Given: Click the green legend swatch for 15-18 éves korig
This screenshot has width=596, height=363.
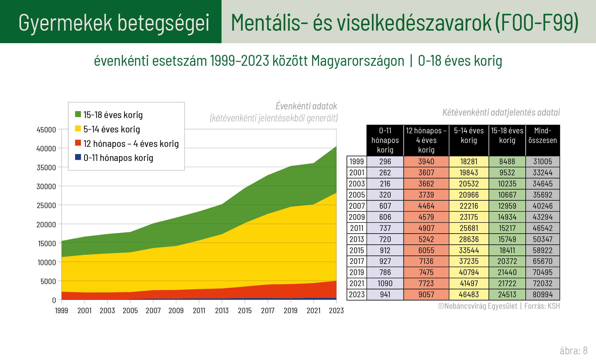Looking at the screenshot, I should [78, 114].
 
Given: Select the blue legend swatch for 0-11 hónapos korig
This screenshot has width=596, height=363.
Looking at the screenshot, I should [78, 157].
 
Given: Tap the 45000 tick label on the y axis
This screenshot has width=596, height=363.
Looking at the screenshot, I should [46, 130].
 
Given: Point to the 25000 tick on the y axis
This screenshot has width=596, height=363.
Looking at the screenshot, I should [46, 206].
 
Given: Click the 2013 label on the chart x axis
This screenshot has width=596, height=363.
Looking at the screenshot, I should [222, 311].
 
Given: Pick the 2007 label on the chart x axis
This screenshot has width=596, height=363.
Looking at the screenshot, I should [153, 311].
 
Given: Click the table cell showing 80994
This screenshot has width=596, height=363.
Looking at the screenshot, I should [543, 295].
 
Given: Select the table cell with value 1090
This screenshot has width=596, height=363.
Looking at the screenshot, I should [385, 283].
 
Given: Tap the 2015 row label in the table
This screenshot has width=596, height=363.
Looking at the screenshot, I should [357, 250].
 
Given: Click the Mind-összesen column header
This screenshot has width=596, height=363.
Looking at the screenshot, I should [543, 135].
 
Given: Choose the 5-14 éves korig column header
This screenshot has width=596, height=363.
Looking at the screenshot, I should [469, 135].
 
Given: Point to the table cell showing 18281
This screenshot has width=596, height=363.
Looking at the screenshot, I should [469, 162].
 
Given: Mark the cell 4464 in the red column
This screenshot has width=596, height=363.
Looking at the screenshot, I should [426, 206].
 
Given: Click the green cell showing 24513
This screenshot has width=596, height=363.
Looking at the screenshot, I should [507, 295].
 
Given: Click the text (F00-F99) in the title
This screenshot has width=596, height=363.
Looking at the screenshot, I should [537, 23].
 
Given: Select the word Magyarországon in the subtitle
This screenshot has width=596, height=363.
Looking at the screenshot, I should [357, 61].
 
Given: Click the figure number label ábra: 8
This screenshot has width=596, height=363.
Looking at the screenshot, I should [573, 351].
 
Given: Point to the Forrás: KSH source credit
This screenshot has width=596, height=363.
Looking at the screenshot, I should [542, 306].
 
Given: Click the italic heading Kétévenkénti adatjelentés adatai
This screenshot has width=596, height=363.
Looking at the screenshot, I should [501, 112].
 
